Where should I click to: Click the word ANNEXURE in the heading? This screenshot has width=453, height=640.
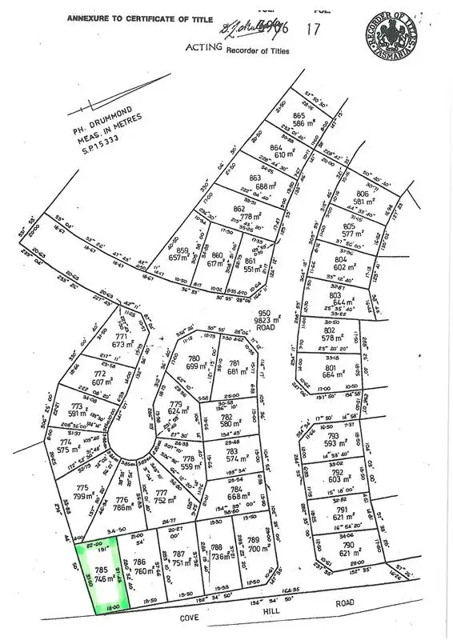[x=91, y=17]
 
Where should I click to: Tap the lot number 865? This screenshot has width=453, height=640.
[x=301, y=116]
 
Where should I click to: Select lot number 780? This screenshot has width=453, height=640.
[x=192, y=358]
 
